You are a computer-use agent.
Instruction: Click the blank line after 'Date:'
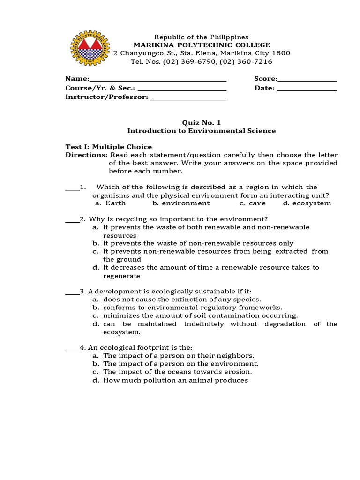click(x=307, y=89)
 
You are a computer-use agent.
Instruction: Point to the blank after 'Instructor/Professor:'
click(x=188, y=97)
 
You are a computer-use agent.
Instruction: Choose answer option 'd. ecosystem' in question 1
click(x=307, y=203)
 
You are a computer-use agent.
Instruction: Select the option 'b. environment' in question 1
click(x=181, y=203)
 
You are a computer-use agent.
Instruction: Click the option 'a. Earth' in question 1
click(x=110, y=203)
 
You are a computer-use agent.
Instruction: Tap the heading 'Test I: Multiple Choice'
click(x=108, y=147)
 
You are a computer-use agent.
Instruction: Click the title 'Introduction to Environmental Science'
click(x=202, y=131)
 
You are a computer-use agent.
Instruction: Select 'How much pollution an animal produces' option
click(x=175, y=380)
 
